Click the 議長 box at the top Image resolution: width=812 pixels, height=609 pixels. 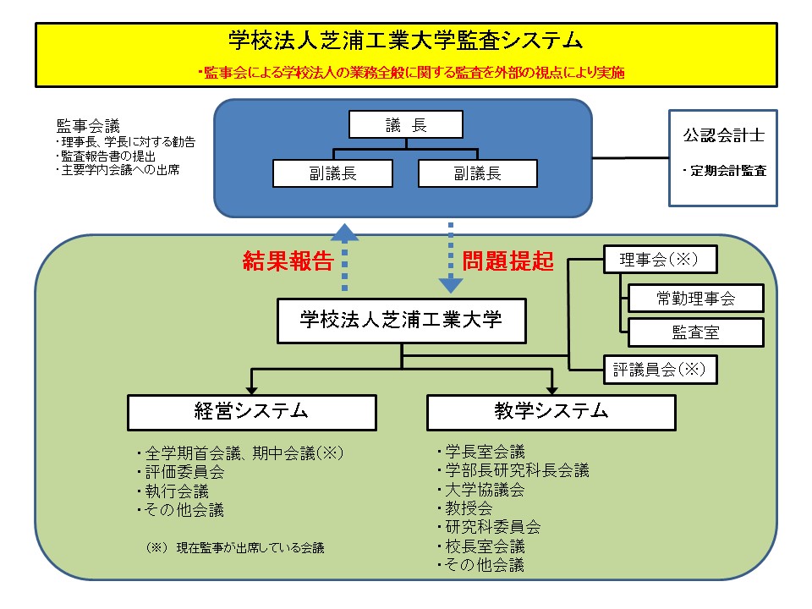(406, 125)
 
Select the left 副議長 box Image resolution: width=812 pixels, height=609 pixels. (332, 173)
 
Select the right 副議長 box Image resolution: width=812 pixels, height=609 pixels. (478, 173)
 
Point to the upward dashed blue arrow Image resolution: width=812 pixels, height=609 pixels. (345, 254)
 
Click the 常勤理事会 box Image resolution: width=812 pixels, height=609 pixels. (695, 298)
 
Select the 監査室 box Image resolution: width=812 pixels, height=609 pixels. (695, 332)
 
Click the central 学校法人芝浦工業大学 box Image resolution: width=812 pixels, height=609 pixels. (401, 320)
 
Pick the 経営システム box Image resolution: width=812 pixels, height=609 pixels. (251, 412)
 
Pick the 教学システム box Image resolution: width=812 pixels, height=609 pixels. (551, 412)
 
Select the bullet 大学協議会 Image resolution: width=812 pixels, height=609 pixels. (484, 490)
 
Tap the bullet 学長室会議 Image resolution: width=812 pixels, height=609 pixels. (484, 452)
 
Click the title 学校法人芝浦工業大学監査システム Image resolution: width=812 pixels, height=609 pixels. (406, 40)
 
